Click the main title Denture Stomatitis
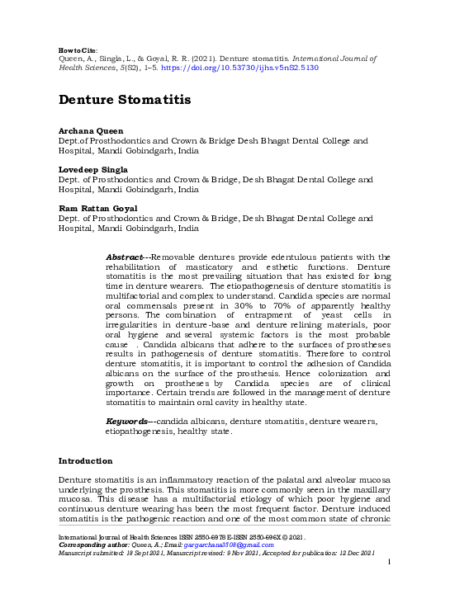(125, 100)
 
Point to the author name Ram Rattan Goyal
(97, 208)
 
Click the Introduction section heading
(86, 460)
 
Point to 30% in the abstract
(272, 304)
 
